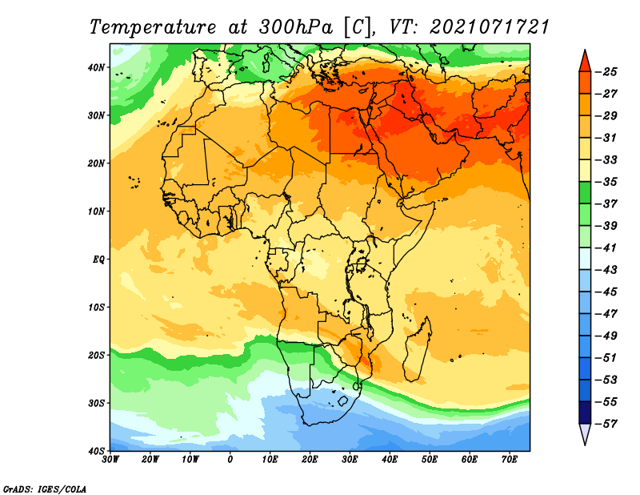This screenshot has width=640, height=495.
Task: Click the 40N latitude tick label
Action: [x=96, y=67]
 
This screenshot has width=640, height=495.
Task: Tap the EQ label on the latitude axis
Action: [x=98, y=260]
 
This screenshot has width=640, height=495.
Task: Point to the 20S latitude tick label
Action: [x=96, y=355]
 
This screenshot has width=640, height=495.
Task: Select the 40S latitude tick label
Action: [x=96, y=451]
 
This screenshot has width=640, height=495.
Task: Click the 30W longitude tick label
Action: [x=110, y=460]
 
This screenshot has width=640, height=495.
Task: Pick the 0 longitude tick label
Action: [x=230, y=460]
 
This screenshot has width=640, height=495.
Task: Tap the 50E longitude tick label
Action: [x=430, y=460]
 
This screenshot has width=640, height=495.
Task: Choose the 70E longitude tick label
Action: [x=509, y=460]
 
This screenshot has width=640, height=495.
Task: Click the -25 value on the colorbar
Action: [x=606, y=72]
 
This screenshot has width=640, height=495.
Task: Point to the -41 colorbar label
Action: [x=606, y=248]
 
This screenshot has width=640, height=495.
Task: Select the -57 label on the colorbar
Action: [x=606, y=424]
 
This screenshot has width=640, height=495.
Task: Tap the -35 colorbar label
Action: [x=606, y=182]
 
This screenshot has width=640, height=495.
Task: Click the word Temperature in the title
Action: [x=152, y=27]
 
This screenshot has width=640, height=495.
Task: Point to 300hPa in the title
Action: [x=296, y=27]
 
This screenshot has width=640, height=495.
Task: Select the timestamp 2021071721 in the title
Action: [x=490, y=27]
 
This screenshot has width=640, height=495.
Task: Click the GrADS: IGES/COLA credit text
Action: [x=45, y=489]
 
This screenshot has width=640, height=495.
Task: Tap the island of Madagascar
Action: [x=418, y=348]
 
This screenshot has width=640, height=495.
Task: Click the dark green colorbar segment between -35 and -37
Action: [x=585, y=192]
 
